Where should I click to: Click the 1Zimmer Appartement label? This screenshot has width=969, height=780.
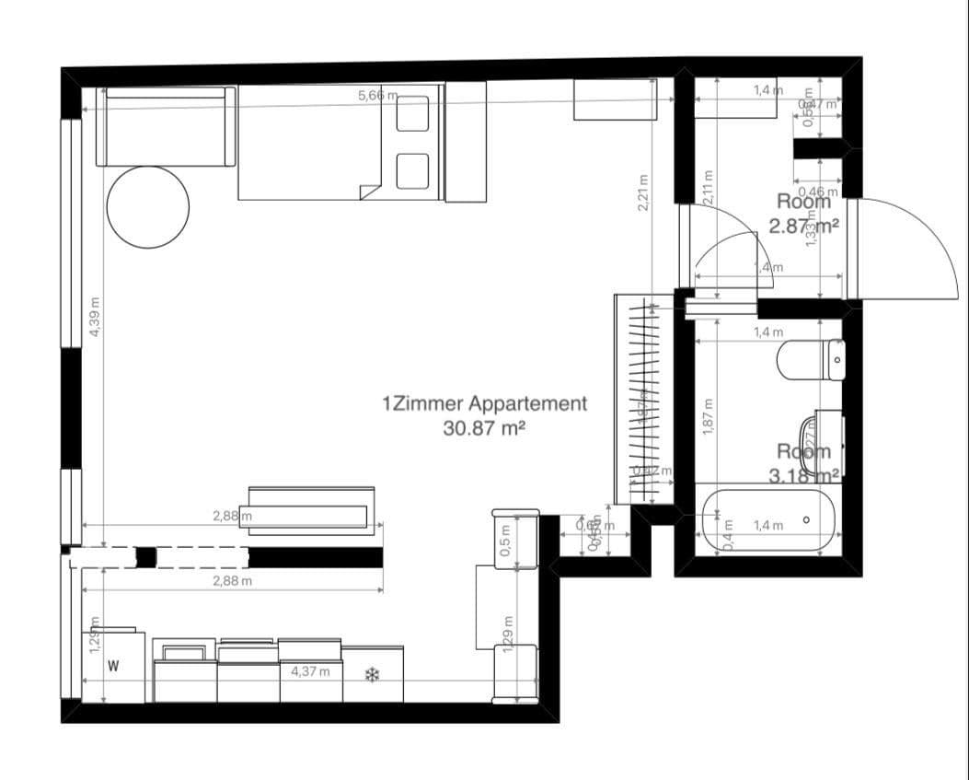tap(484, 403)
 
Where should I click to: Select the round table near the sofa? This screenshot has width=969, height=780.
tap(148, 205)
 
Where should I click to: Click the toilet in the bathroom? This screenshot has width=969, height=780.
tap(810, 359)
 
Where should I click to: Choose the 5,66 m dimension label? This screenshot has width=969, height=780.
tap(377, 95)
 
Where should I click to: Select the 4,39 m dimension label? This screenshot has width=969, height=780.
tap(96, 316)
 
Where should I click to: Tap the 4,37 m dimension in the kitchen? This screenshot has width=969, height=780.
tap(310, 671)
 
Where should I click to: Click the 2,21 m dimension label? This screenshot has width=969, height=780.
tap(643, 193)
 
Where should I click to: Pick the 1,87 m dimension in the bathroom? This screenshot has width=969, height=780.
tap(708, 416)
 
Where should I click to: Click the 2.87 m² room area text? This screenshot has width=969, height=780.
tap(803, 226)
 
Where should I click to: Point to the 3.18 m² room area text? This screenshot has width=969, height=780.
tap(803, 475)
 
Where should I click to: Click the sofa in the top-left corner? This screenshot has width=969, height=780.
tap(166, 127)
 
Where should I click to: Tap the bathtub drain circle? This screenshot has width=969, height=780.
tap(806, 520)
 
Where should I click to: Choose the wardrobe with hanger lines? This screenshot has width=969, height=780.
tap(643, 398)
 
